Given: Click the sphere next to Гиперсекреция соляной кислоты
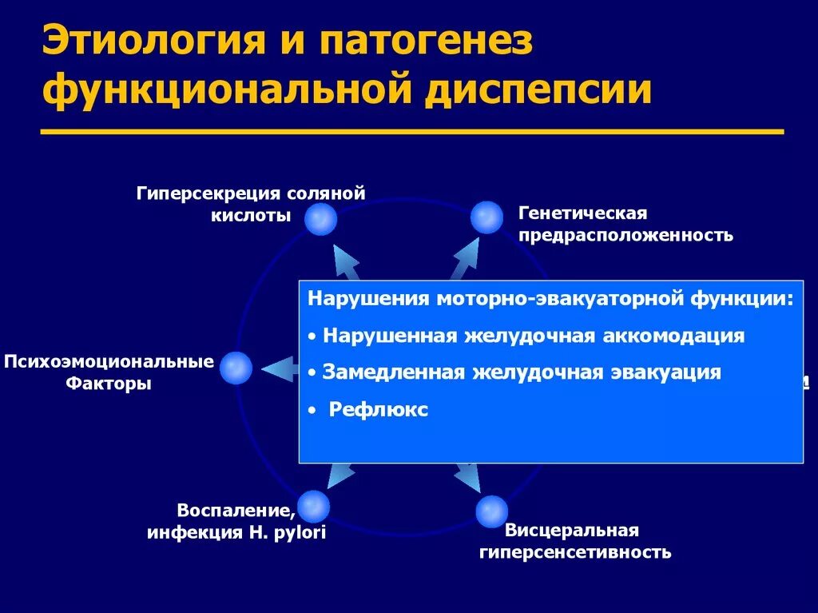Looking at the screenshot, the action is (x=320, y=218).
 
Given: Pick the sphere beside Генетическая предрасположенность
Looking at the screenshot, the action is (x=486, y=217).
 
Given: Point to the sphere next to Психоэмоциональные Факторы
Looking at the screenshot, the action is (x=236, y=368).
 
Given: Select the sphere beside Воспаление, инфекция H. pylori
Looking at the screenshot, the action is (x=314, y=505).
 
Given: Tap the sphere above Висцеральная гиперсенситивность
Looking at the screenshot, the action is (x=491, y=511).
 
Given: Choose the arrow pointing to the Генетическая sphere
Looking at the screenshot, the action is (x=467, y=257).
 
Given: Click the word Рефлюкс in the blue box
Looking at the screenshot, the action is (x=379, y=411).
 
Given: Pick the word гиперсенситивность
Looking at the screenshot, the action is (x=574, y=552).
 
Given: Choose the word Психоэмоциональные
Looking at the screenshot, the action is (x=109, y=362).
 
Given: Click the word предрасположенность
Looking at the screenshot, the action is (x=625, y=236).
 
